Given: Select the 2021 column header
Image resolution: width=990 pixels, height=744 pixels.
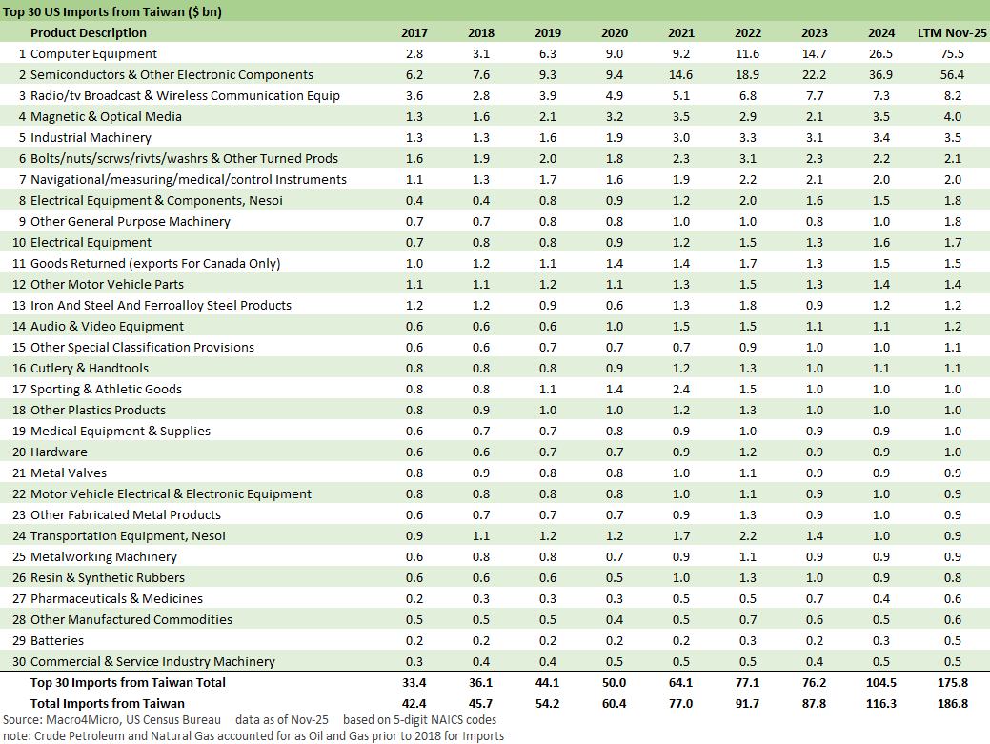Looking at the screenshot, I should point(681,33).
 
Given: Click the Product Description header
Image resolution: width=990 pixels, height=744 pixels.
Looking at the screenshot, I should point(90,33).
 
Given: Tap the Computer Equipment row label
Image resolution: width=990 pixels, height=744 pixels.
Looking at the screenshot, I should point(93,54).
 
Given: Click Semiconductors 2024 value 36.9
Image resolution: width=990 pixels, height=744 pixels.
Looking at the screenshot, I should point(881,75).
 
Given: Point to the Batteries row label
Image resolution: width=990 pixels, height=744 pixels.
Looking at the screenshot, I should point(57,641).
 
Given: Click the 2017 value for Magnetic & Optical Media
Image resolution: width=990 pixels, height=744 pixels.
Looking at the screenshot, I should point(414,117).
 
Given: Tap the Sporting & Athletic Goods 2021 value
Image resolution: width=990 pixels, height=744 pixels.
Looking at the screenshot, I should point(681,390).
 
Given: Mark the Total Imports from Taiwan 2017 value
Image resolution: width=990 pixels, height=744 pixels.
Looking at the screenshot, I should point(414,704).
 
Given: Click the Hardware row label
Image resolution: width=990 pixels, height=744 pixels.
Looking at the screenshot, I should point(59,452).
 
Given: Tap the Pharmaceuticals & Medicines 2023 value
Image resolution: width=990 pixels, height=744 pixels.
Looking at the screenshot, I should point(815,599).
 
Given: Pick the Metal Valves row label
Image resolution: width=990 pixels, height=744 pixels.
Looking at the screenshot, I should point(69,473).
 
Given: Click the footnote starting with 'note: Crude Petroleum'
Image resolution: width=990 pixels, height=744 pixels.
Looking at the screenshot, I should point(253,735).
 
